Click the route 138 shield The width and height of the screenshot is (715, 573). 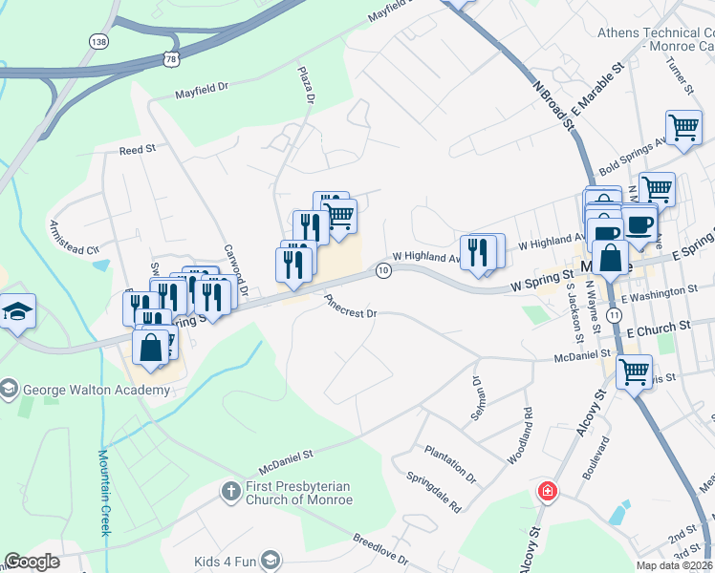click(x=97, y=41)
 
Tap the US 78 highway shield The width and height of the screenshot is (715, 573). click(x=170, y=58)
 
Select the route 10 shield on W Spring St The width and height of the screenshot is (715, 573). click(x=383, y=271)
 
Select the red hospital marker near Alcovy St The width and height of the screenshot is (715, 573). click(x=548, y=492)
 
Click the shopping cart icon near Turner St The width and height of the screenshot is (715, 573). click(x=682, y=127)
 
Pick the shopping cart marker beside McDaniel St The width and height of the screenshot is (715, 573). click(x=634, y=371)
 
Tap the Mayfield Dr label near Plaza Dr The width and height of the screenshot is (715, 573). click(x=203, y=92)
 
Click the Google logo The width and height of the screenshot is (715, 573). click(x=32, y=562)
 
